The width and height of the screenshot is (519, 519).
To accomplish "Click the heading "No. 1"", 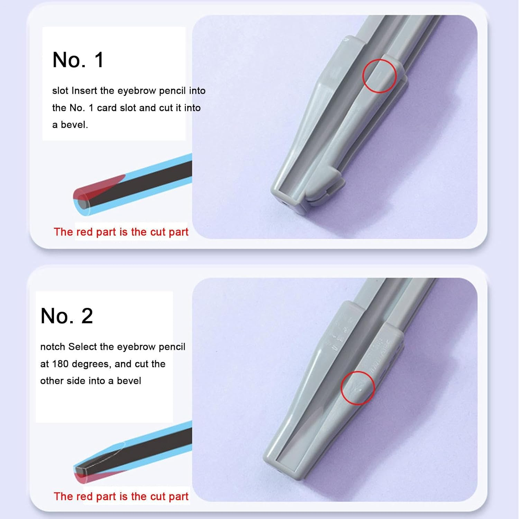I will pyautogui.click(x=78, y=60).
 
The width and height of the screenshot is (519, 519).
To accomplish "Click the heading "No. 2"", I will pyautogui.click(x=66, y=316).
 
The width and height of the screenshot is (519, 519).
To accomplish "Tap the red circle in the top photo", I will pyautogui.click(x=379, y=76).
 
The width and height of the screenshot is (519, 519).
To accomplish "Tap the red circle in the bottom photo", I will pyautogui.click(x=357, y=388).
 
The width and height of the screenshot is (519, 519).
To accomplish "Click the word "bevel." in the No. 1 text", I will pyautogui.click(x=74, y=125).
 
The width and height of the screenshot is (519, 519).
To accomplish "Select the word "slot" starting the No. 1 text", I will pyautogui.click(x=60, y=91).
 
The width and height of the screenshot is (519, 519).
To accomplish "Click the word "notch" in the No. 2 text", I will pyautogui.click(x=53, y=347).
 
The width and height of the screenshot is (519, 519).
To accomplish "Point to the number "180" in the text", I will pyautogui.click(x=61, y=364).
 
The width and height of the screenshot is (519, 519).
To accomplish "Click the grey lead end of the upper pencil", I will pyautogui.click(x=82, y=203).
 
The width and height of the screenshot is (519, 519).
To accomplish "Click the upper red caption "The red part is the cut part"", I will pyautogui.click(x=121, y=232).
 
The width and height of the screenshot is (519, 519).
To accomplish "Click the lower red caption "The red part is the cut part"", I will pyautogui.click(x=121, y=497).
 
